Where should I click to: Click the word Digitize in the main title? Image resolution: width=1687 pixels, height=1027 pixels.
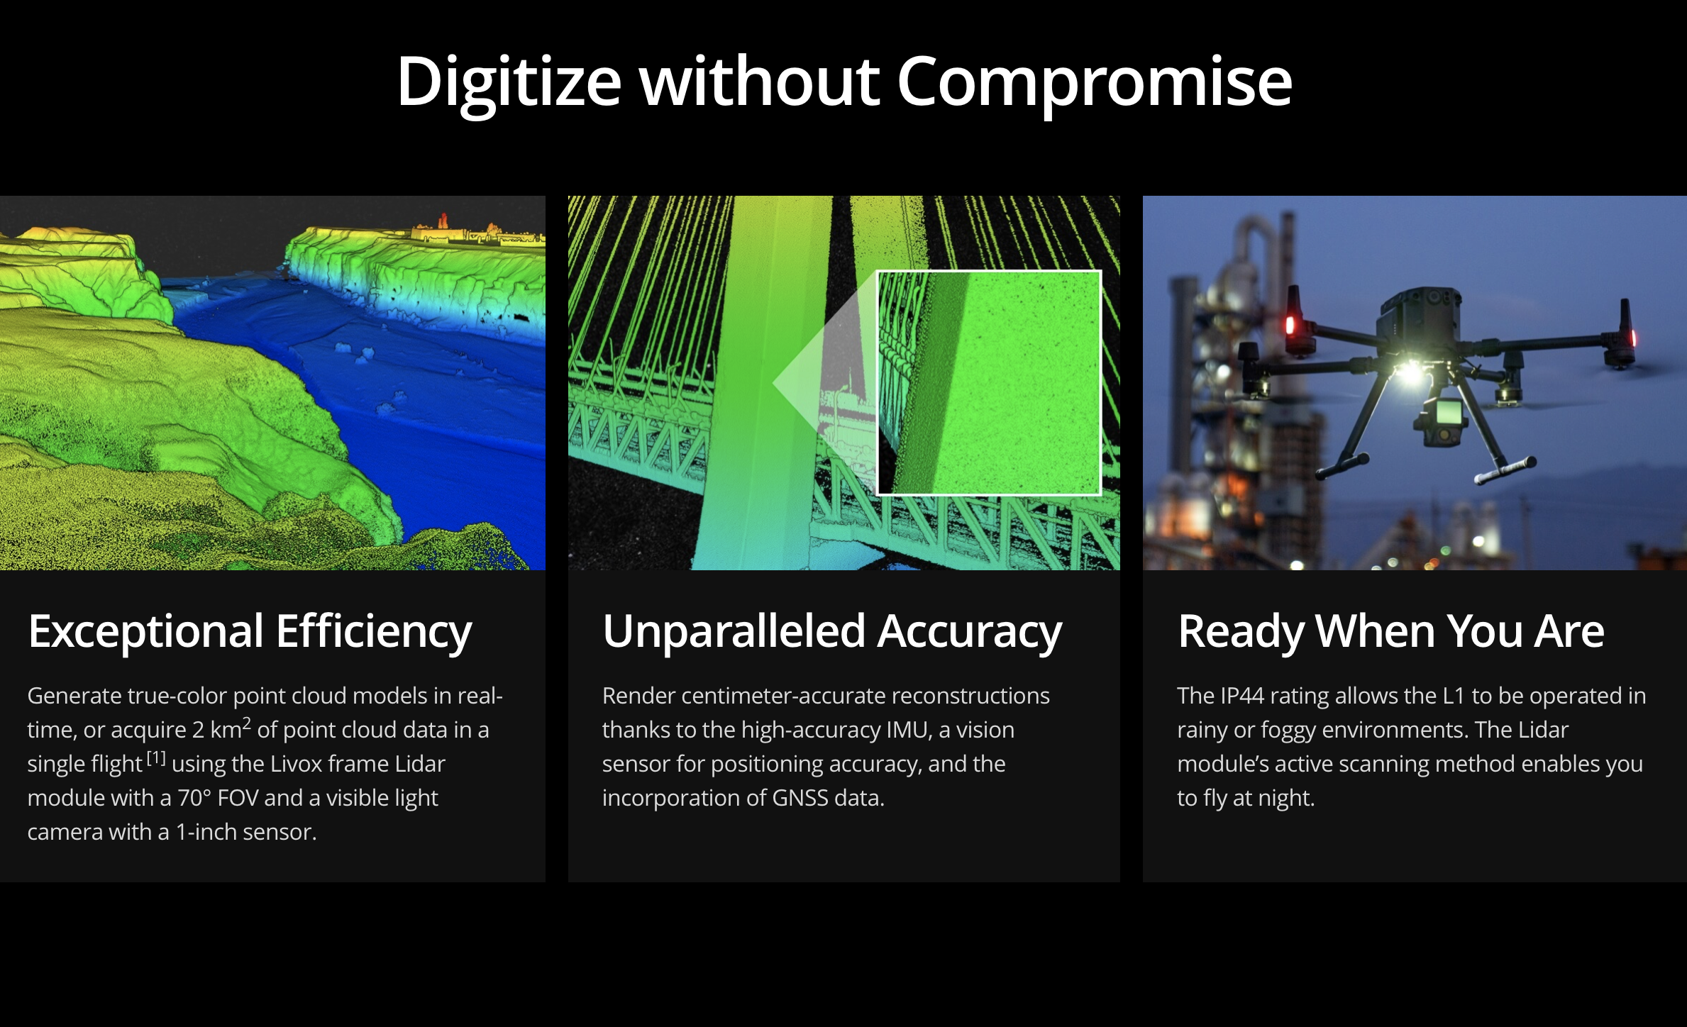point(509,84)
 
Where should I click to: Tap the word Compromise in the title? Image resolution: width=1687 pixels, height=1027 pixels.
point(1094,84)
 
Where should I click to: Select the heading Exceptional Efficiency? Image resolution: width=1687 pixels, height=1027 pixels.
point(250,632)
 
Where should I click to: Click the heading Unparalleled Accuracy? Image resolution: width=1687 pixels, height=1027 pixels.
point(832,632)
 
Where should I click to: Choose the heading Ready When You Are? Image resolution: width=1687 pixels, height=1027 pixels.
point(1390,631)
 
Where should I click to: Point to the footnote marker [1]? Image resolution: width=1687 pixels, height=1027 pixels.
point(156,759)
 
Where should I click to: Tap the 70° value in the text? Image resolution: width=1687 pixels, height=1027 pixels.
point(194,798)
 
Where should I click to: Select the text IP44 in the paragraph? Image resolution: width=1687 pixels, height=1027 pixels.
point(1241,696)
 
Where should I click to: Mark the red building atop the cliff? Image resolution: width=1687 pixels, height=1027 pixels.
point(443,220)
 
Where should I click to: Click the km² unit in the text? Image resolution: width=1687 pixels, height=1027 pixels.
point(231,728)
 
